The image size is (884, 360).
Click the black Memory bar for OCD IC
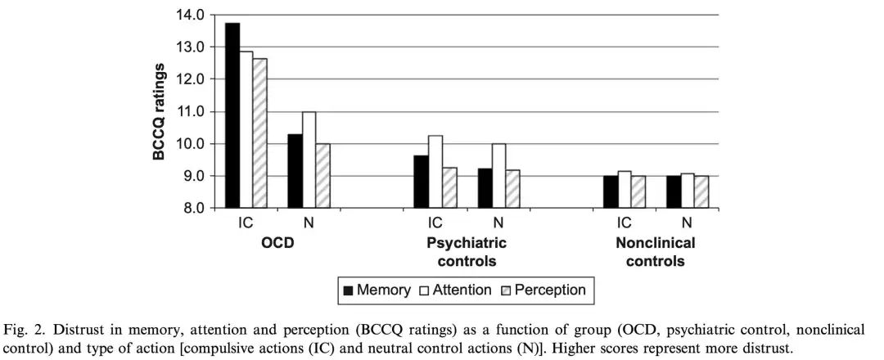(x=232, y=115)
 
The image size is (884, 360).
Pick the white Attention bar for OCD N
(x=309, y=160)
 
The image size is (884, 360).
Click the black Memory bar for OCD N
(x=295, y=171)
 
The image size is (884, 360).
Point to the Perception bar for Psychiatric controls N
(x=513, y=189)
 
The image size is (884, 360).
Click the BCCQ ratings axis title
(x=161, y=112)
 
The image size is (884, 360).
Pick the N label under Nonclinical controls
(x=686, y=223)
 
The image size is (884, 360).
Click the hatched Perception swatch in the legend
(x=506, y=290)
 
